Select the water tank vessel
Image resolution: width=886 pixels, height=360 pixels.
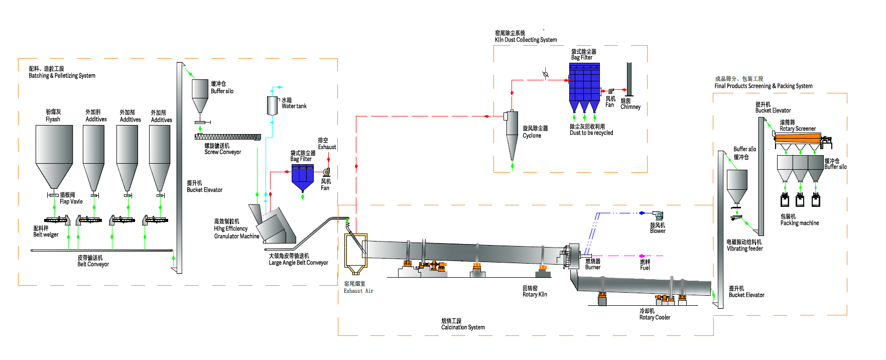click(x=272, y=105)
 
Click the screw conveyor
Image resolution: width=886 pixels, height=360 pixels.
click(x=227, y=137)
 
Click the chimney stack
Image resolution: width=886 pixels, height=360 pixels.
click(x=628, y=79)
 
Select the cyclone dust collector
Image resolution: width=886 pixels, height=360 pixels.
click(x=512, y=133)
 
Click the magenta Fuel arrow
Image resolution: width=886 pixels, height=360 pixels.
click(x=642, y=256)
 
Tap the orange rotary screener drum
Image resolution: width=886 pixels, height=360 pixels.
click(x=797, y=138)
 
